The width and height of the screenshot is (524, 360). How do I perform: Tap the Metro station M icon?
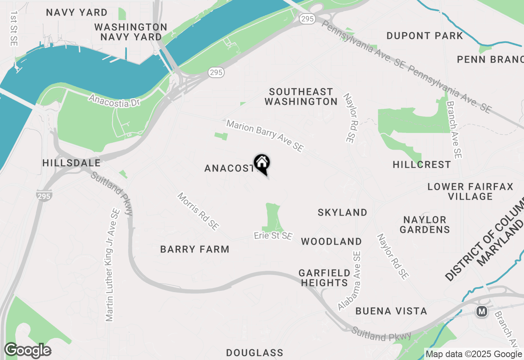482,312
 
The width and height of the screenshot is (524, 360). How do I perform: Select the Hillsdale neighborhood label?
71,163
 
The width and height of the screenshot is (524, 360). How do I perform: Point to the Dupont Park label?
425,36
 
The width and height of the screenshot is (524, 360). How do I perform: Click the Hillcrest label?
422,164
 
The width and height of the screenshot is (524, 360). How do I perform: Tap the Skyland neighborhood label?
342,212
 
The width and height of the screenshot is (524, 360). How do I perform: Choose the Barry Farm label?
194,249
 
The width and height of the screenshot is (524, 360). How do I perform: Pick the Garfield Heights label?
324,278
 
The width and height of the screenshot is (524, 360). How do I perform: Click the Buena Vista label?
391,311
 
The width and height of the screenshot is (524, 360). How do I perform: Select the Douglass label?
254,353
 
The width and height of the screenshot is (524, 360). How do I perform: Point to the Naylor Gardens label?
425,225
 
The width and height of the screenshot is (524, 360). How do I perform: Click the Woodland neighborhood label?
331,241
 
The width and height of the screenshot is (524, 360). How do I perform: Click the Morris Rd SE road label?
198,211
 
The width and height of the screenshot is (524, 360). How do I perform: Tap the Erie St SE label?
273,236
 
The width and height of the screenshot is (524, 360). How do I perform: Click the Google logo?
27,351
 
